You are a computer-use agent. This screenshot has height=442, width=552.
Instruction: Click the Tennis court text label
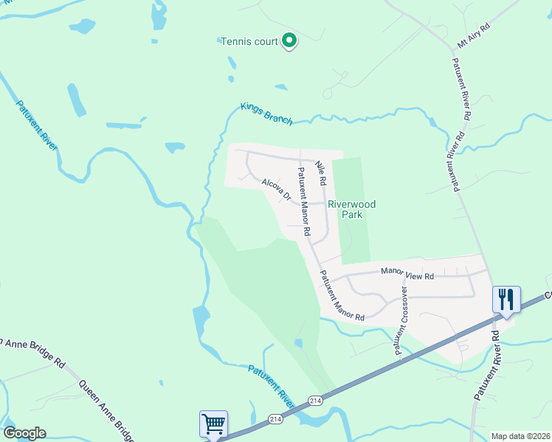[249, 41]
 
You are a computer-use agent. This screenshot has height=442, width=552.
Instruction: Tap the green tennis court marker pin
[290, 41]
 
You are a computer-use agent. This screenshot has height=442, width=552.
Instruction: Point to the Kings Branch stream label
[266, 113]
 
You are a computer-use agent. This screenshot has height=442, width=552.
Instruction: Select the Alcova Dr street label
[276, 189]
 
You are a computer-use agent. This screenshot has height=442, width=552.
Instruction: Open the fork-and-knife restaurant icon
[506, 299]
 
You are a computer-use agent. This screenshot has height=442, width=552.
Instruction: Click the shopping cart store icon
[213, 424]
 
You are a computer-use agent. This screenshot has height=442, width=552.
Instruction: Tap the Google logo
[24, 433]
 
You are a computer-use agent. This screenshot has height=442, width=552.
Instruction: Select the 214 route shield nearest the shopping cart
[275, 418]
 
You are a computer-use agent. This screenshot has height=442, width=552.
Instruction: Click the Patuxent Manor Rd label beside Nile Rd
[303, 202]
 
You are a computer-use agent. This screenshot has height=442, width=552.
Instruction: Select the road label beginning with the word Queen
[106, 406]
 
